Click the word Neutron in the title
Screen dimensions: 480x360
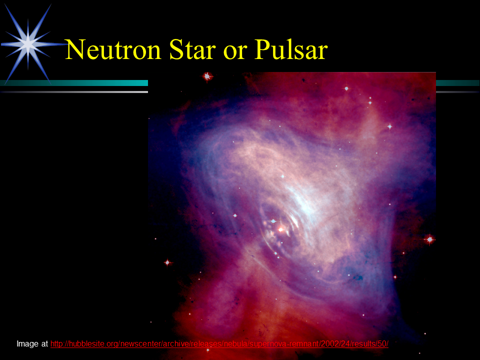(x=113, y=49)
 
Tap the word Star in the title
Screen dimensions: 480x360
(x=192, y=49)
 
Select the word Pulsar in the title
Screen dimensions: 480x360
(x=291, y=49)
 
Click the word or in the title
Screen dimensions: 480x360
(x=235, y=52)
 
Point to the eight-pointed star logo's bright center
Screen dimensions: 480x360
(x=28, y=44)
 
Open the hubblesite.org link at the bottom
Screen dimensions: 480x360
(x=219, y=344)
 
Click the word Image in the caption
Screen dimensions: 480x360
(x=27, y=344)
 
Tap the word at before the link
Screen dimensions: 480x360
(x=44, y=344)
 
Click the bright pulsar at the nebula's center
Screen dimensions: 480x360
(x=280, y=229)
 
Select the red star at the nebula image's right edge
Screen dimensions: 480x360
(x=430, y=239)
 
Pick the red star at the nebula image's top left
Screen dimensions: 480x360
(x=207, y=76)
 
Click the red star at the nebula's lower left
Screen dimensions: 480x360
(x=167, y=262)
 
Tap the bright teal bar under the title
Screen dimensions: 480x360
(x=74, y=83)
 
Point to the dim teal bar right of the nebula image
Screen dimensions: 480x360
(x=458, y=83)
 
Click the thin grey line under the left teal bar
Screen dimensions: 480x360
(x=74, y=92)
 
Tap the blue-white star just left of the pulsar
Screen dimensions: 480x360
(x=273, y=221)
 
